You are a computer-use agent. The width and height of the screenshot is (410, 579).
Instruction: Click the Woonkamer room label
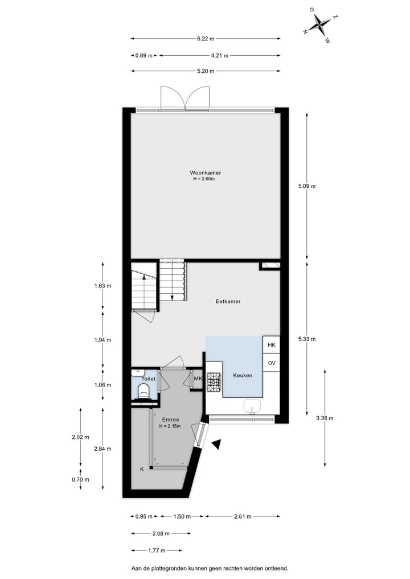coord(206,173)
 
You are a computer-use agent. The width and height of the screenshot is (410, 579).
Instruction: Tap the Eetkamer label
coord(228,301)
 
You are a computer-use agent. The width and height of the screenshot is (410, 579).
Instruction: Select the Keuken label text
coord(243,376)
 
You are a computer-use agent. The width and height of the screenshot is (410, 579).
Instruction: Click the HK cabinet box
coord(271,345)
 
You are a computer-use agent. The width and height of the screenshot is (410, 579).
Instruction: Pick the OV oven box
coord(271,362)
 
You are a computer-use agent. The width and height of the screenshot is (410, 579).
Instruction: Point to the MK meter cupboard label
coord(198,379)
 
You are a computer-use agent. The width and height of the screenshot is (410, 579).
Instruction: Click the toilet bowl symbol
coord(144,391)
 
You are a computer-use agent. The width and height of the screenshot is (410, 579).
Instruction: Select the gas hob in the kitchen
coord(214,382)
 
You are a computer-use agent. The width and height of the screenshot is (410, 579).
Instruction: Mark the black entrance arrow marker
coord(216,445)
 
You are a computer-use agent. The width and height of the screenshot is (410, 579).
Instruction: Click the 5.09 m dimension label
coord(307,186)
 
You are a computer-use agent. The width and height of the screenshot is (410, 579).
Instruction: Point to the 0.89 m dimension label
coord(144,56)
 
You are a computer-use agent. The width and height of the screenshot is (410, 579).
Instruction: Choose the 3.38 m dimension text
coord(325,418)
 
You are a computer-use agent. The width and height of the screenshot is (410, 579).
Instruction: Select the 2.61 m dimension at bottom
coord(243,516)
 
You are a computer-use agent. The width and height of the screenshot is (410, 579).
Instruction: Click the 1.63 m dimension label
coord(102,286)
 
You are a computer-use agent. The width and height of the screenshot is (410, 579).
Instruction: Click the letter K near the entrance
coord(142,469)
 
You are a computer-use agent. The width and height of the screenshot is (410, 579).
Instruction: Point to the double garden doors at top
coord(186,98)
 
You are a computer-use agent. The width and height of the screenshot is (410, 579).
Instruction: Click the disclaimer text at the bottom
coord(210,568)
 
